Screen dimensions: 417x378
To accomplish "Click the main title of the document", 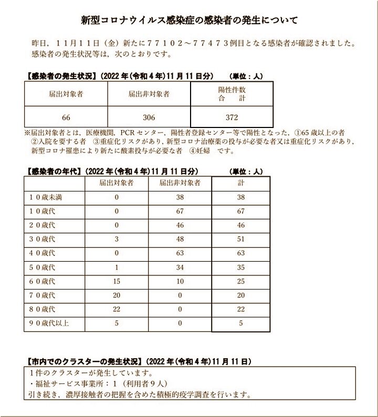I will coord(189,20).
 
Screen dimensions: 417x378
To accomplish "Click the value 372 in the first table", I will coord(232,117).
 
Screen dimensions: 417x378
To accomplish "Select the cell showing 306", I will coord(149,117).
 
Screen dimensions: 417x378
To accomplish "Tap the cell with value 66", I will coord(66,117).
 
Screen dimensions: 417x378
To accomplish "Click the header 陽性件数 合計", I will coord(232,94).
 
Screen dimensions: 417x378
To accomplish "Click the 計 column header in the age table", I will coord(241,184).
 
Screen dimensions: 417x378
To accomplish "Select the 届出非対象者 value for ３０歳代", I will coord(180,239).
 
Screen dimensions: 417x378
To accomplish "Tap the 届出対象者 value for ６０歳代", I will coord(117,282).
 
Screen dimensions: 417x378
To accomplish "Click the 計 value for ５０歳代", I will coord(241,268).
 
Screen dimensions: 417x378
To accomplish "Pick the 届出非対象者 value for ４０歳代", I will coord(180,253).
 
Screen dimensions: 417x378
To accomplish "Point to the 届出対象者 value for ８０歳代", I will coord(117,309).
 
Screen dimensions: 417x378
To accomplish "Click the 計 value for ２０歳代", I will coord(241,226).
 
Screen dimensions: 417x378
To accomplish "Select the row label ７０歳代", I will coord(43,296).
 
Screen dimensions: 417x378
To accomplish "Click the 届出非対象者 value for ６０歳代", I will coord(180,282).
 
